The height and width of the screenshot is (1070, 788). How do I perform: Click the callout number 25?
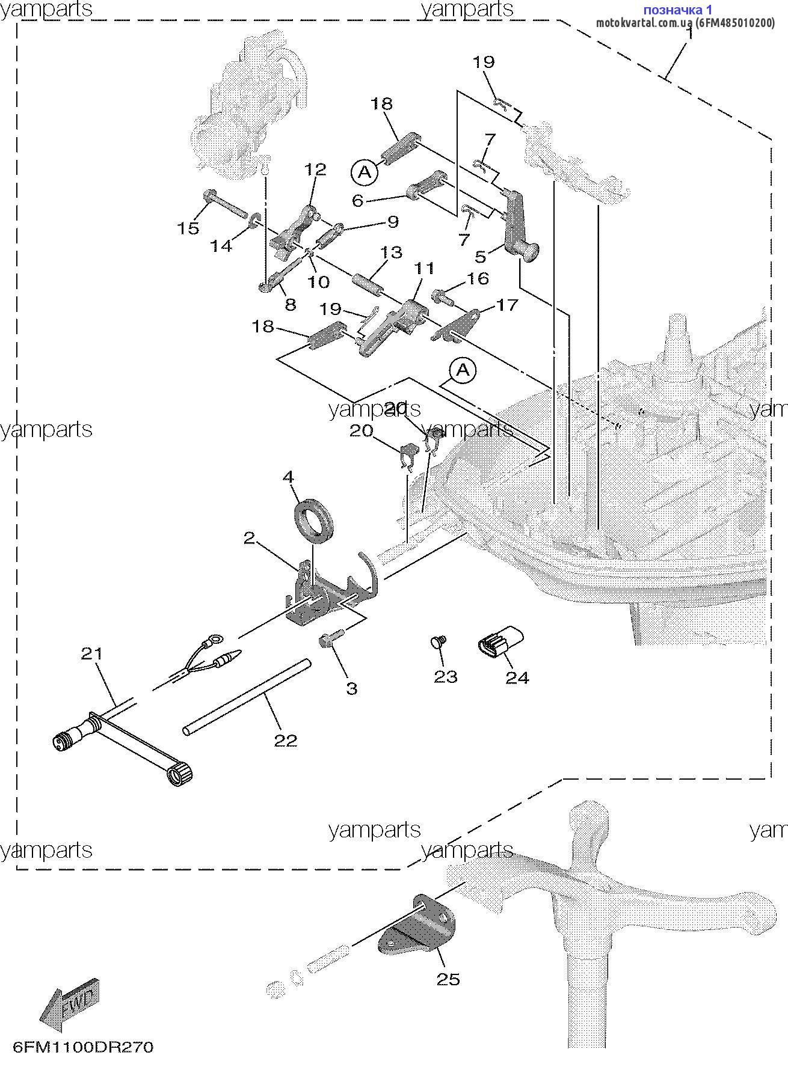click(448, 979)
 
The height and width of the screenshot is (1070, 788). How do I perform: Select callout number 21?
click(92, 653)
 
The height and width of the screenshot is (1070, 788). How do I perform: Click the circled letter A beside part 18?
click(365, 173)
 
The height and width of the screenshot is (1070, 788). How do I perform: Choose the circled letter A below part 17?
click(463, 370)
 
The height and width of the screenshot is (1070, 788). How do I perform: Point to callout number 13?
click(391, 252)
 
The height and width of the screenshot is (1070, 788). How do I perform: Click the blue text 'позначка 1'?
click(678, 10)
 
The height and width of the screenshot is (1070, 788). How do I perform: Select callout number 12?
click(316, 170)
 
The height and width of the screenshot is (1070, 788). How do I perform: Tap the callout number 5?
click(480, 257)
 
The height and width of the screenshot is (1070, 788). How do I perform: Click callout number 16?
click(478, 278)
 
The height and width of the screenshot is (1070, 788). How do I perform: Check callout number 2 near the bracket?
click(250, 538)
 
